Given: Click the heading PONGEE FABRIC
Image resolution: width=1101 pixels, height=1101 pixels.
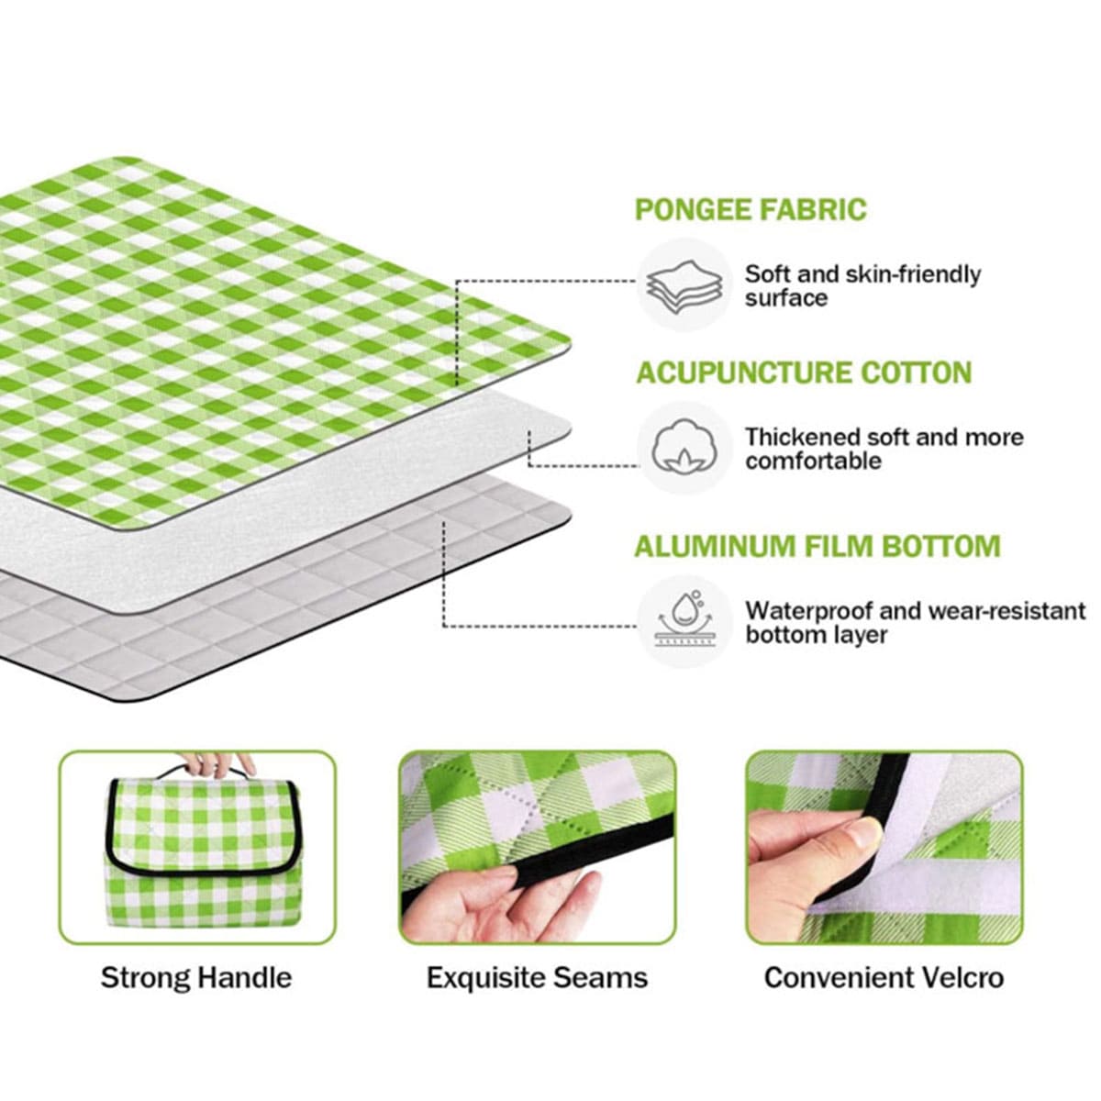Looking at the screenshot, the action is click(751, 210).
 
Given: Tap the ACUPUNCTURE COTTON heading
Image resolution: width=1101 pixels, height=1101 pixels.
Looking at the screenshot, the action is click(804, 373).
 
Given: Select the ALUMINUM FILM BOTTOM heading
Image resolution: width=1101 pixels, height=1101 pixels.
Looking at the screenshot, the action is click(817, 546).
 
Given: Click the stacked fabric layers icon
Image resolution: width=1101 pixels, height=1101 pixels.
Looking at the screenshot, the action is click(684, 285).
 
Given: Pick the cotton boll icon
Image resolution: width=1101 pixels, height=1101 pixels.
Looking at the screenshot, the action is click(684, 446).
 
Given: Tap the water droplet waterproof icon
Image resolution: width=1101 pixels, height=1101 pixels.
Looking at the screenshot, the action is click(685, 621).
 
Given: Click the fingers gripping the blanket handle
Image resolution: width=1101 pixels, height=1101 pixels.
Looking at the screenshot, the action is click(217, 762).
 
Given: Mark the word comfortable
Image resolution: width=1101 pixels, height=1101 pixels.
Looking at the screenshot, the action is click(814, 462).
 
